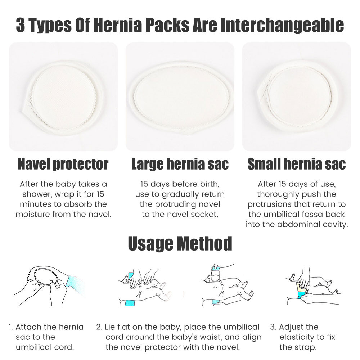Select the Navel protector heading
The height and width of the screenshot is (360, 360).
click(x=63, y=165)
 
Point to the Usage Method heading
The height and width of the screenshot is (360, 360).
click(x=180, y=243)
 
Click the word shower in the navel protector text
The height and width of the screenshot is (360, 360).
click(x=37, y=194)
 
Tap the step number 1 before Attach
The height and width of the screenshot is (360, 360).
click(x=10, y=327)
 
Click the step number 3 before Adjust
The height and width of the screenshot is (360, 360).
click(x=273, y=327)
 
